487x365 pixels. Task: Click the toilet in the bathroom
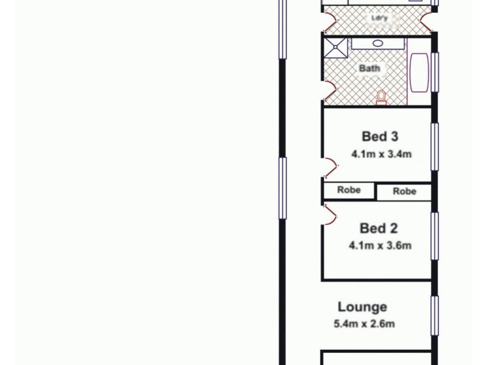click(x=382, y=97)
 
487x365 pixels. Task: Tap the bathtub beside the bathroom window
click(x=419, y=72)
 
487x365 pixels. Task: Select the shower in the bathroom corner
click(x=334, y=46)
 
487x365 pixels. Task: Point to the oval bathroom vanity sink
click(x=377, y=43)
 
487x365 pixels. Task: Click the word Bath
click(x=370, y=68)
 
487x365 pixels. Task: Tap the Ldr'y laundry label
click(x=379, y=18)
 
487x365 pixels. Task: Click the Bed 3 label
click(x=380, y=136)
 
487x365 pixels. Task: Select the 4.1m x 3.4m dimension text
click(x=381, y=154)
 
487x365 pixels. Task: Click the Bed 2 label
click(x=379, y=229)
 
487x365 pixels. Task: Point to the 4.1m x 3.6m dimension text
click(x=380, y=246)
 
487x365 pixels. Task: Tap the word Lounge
click(x=362, y=307)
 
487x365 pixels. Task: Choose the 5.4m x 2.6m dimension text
click(x=364, y=324)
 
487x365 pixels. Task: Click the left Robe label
click(x=349, y=190)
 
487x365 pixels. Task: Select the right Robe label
click(x=404, y=192)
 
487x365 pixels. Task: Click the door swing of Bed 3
click(x=329, y=167)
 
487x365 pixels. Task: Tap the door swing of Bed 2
click(x=329, y=215)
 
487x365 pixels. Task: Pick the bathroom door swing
click(x=329, y=91)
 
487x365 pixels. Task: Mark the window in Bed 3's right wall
click(x=435, y=147)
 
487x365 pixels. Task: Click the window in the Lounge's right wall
click(x=435, y=316)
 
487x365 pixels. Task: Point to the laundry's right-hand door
click(x=426, y=23)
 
